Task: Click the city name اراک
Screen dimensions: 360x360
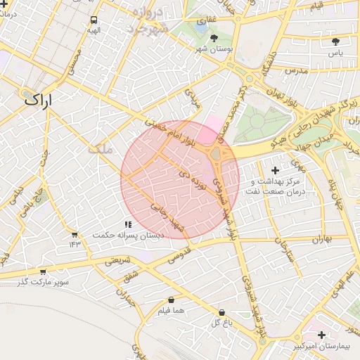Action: coord(38,100)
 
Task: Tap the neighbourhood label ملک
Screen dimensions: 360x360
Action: coord(101,150)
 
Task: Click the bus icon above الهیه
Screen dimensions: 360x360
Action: coord(94,20)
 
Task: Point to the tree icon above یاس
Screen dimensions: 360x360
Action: coord(336,41)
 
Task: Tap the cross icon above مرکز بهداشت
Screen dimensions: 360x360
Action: coord(274,170)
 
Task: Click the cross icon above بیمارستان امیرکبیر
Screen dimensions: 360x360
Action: coord(321,335)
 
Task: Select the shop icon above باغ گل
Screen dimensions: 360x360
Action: coord(221,312)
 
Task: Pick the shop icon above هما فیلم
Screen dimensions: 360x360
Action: coord(172,300)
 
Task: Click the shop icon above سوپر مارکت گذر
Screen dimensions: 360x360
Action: coord(43,271)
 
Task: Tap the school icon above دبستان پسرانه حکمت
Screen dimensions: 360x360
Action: coord(127,224)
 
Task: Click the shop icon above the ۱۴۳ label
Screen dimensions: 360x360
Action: coord(75,233)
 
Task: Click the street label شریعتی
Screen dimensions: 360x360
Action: coord(117,260)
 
